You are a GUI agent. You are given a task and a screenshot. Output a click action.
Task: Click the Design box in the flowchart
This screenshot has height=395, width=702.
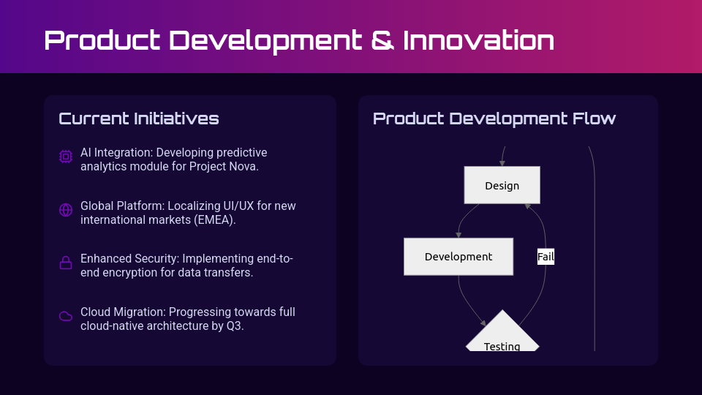[x=502, y=185]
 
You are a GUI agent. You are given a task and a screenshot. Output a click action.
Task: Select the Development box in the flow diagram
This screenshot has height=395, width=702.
[x=458, y=257]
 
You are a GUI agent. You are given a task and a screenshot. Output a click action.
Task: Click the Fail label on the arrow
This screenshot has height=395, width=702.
[x=546, y=257]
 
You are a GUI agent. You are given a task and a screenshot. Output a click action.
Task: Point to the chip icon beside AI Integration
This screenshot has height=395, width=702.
[x=66, y=157]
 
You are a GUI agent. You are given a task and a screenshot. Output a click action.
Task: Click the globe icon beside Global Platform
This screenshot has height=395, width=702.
[x=66, y=210]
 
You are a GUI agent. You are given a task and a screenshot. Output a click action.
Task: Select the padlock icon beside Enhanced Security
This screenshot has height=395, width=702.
[x=66, y=263]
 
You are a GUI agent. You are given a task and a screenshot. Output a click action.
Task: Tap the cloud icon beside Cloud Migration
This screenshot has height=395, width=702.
[x=66, y=316]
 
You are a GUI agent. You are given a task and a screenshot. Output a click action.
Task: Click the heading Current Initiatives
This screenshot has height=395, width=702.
[x=139, y=118]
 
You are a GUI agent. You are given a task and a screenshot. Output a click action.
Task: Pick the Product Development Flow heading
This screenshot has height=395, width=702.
[x=494, y=118]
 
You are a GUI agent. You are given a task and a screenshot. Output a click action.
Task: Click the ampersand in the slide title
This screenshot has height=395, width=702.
[x=382, y=40]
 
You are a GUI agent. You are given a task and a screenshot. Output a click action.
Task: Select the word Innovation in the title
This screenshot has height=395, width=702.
[x=478, y=40]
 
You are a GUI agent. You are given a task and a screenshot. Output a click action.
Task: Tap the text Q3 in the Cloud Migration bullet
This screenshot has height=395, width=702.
[x=235, y=326]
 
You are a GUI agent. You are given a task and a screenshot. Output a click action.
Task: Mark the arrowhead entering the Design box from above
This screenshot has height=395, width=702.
[x=502, y=163]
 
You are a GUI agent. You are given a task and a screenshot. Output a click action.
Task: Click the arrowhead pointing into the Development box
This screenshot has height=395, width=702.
[x=458, y=235]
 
